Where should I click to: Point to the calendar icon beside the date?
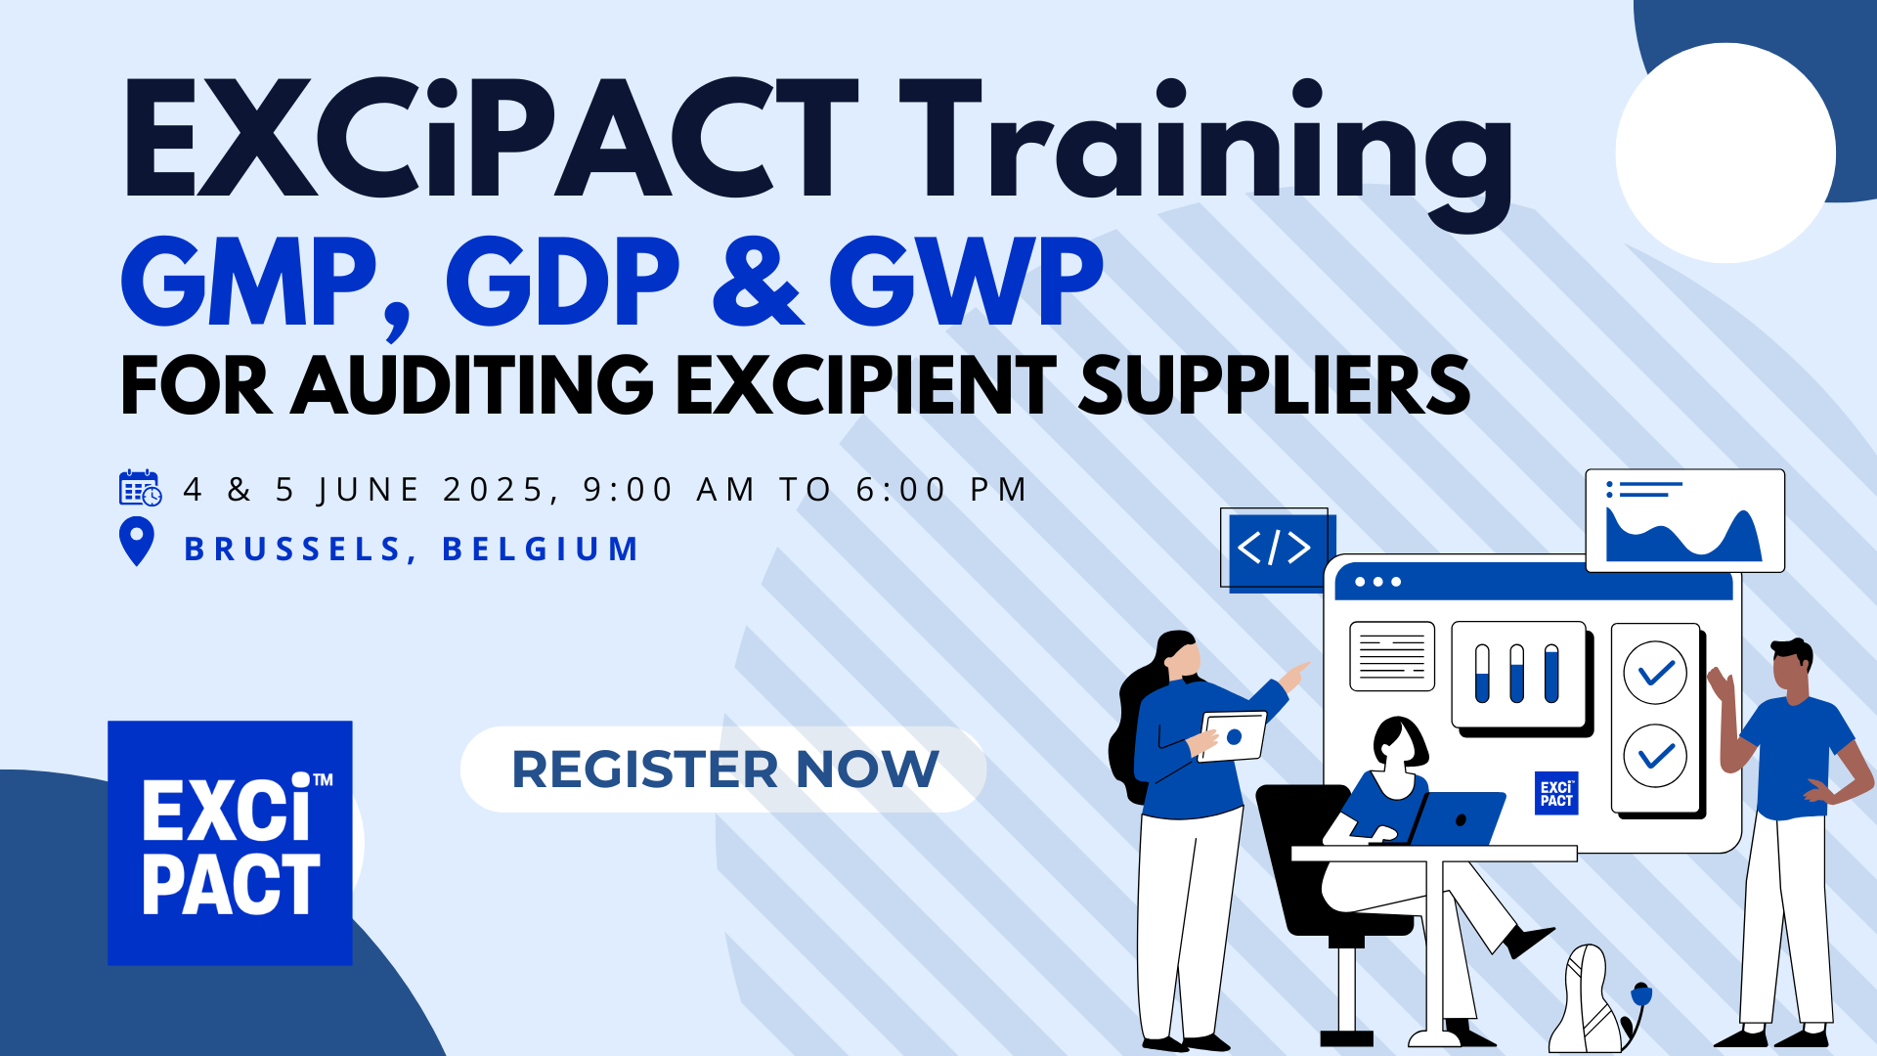(x=140, y=487)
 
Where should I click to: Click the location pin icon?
(x=137, y=542)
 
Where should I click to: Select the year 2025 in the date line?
(x=493, y=489)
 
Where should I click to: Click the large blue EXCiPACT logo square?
(x=230, y=843)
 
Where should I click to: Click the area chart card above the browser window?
(x=1684, y=520)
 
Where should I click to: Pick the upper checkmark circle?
(x=1655, y=673)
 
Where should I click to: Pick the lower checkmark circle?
(x=1655, y=755)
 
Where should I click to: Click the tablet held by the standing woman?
(x=1233, y=736)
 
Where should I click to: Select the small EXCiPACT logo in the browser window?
(x=1556, y=793)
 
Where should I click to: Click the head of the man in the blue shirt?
(x=1792, y=668)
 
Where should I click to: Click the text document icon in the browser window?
(x=1392, y=656)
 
